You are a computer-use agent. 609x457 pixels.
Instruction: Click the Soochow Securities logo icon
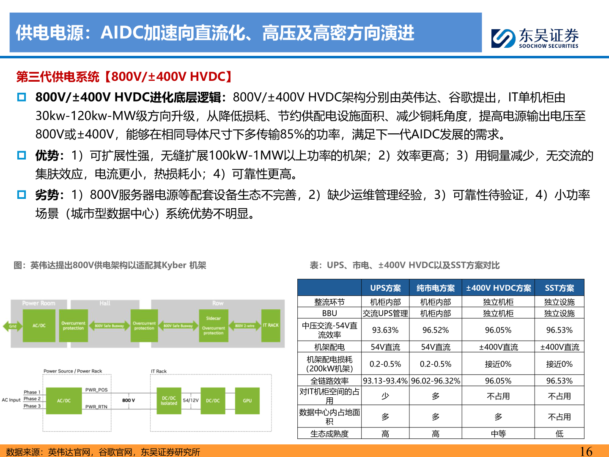click(503, 38)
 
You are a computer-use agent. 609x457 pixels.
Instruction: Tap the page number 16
click(586, 451)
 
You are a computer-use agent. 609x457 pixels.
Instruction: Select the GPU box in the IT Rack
click(247, 401)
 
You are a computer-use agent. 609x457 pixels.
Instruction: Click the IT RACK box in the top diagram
click(271, 325)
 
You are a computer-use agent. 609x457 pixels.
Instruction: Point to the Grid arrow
click(12, 326)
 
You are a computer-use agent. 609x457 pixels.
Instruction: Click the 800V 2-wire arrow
click(244, 326)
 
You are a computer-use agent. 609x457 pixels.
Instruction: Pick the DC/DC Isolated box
click(169, 401)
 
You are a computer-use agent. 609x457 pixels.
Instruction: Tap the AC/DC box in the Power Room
click(39, 325)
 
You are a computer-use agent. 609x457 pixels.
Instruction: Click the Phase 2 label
click(32, 399)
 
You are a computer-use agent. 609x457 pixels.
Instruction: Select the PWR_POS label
click(96, 390)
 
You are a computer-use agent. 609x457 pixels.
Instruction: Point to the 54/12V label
click(191, 400)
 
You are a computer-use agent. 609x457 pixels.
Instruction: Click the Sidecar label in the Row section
click(214, 318)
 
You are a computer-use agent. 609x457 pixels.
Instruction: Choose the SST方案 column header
click(559, 288)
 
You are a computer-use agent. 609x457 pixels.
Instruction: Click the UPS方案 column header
click(385, 288)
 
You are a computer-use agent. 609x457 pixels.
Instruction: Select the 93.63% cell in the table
click(385, 330)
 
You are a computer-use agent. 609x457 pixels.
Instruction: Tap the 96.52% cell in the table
click(436, 330)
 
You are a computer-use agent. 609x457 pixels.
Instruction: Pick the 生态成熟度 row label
click(329, 434)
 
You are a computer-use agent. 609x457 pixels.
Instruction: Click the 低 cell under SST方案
click(559, 434)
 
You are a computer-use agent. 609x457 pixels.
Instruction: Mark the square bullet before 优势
click(22, 155)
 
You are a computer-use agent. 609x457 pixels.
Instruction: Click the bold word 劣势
click(47, 195)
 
